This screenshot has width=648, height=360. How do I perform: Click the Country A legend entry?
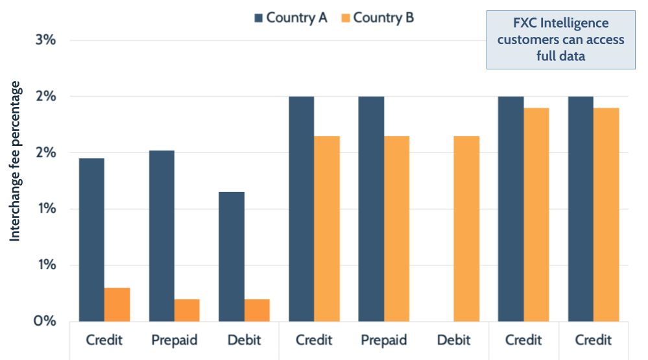(x=290, y=18)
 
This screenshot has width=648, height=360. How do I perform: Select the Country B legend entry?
(x=377, y=18)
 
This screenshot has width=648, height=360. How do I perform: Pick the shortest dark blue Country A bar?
(x=232, y=256)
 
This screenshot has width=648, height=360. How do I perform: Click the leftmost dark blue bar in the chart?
(x=91, y=239)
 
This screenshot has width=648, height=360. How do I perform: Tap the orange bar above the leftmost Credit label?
(x=117, y=304)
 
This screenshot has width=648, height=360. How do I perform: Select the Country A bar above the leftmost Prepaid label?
(x=162, y=235)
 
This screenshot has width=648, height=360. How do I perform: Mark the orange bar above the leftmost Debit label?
(x=257, y=310)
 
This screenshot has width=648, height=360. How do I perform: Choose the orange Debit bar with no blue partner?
(x=466, y=228)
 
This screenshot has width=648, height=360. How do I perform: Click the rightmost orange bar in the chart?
(x=606, y=214)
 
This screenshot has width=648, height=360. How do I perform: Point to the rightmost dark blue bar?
(x=581, y=208)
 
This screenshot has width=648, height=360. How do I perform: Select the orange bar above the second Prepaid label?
(x=396, y=228)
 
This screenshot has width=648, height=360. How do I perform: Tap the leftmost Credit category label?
(x=104, y=340)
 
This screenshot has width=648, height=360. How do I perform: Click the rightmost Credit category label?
(x=593, y=340)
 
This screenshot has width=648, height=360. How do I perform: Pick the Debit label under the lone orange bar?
(x=453, y=340)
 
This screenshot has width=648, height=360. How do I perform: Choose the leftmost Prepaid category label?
(x=174, y=340)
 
